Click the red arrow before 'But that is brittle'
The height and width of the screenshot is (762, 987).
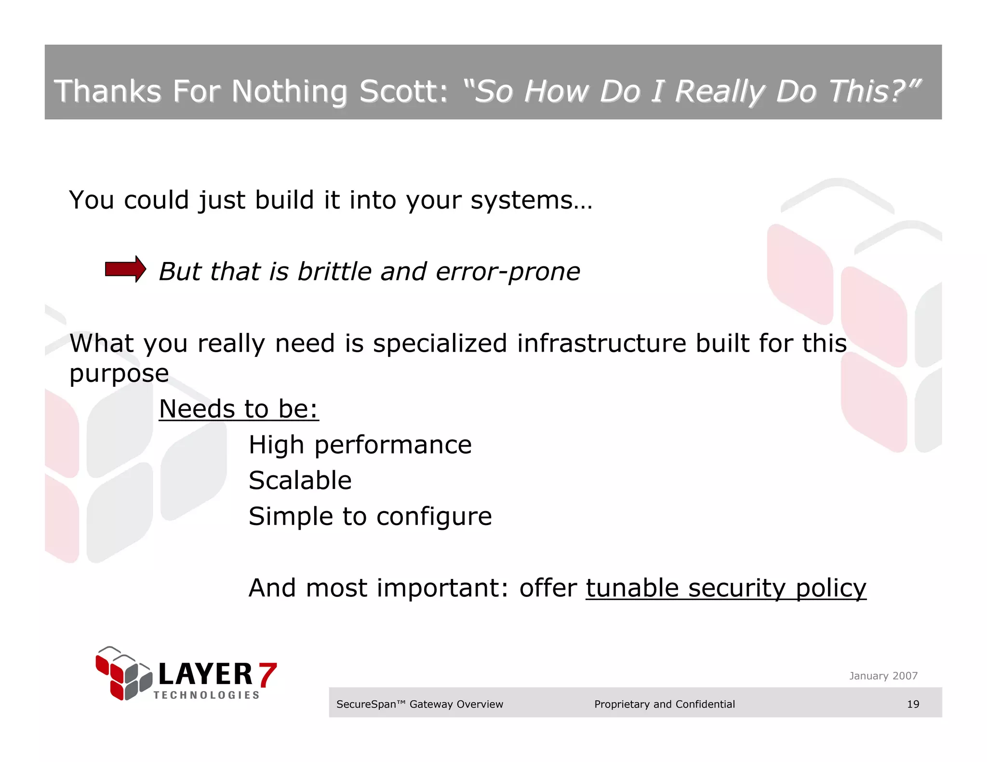(125, 269)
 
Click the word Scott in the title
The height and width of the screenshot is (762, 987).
(403, 91)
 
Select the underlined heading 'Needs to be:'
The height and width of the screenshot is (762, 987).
(239, 409)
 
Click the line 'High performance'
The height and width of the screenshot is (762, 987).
(360, 445)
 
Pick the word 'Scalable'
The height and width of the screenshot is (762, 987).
(300, 480)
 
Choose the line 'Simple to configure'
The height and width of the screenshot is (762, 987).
(370, 516)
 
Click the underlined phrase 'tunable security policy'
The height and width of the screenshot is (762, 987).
(725, 588)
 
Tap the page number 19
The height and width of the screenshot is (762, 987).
(913, 704)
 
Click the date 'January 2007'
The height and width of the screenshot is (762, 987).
(883, 676)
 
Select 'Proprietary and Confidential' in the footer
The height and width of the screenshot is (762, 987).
(664, 704)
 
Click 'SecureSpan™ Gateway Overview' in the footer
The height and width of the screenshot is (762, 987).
(419, 704)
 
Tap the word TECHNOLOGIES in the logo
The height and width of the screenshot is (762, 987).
(206, 695)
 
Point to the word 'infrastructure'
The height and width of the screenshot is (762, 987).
(601, 343)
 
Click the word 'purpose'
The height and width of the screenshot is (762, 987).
(119, 374)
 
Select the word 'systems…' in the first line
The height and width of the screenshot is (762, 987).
(531, 200)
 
